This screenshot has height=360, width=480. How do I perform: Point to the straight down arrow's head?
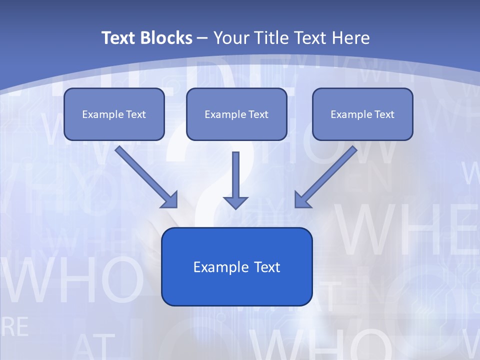pyautogui.click(x=235, y=202)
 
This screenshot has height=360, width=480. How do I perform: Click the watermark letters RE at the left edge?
pyautogui.click(x=15, y=327)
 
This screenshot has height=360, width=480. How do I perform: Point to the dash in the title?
pyautogui.click(x=202, y=38)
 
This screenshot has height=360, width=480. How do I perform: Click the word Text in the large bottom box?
pyautogui.click(x=265, y=267)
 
